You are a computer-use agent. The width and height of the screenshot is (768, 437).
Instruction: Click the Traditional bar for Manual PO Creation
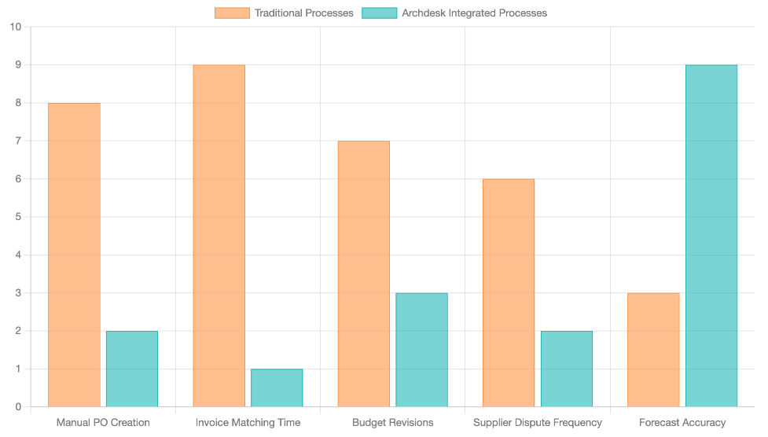[74, 255]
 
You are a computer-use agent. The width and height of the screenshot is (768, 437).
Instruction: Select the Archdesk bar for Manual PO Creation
[132, 369]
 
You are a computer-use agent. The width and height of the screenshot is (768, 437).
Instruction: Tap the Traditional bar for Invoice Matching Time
[219, 236]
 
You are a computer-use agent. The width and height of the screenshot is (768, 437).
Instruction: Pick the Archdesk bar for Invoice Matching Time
[277, 387]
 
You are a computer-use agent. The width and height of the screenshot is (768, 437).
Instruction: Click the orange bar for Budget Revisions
[364, 274]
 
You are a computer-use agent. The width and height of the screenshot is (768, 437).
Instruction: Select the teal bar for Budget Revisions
[421, 350]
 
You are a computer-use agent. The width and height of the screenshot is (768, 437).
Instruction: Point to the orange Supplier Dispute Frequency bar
[509, 292]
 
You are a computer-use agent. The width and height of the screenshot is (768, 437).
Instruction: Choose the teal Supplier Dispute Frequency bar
[567, 369]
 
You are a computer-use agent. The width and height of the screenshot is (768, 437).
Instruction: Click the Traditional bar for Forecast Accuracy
[653, 350]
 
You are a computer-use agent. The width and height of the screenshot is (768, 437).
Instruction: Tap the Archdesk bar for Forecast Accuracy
[711, 236]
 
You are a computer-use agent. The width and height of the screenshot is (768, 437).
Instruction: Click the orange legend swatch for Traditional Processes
[232, 13]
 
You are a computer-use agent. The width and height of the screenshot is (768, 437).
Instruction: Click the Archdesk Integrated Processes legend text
[474, 13]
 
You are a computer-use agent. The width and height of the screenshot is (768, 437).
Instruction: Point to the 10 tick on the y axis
[16, 27]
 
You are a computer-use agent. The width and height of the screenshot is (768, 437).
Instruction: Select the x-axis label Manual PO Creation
[103, 423]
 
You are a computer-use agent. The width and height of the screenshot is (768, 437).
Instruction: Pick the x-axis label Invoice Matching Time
[248, 423]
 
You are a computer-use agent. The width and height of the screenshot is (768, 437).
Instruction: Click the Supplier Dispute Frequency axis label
[538, 423]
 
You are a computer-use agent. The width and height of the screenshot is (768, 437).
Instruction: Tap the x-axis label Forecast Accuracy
[682, 423]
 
